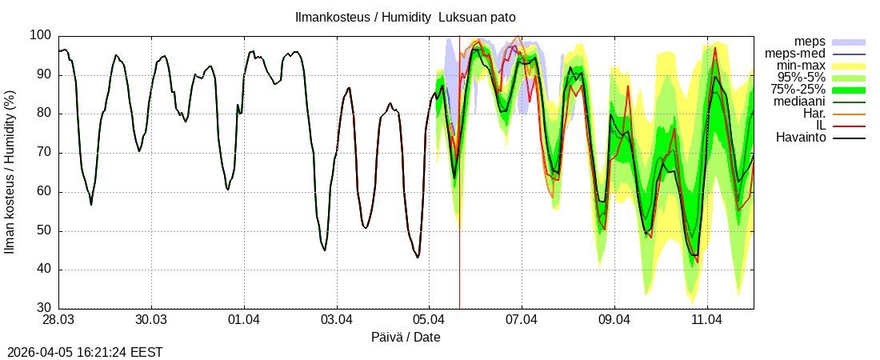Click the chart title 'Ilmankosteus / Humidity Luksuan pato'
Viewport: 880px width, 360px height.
pyautogui.click(x=406, y=17)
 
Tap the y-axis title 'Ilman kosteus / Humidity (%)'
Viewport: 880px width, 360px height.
pyautogui.click(x=10, y=171)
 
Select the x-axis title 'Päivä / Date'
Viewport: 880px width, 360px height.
pyautogui.click(x=406, y=338)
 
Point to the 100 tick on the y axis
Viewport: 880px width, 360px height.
pyautogui.click(x=41, y=35)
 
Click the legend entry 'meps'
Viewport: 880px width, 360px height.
pyautogui.click(x=810, y=41)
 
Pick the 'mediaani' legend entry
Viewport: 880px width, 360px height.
pyautogui.click(x=799, y=102)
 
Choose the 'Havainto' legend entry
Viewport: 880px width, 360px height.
pyautogui.click(x=802, y=138)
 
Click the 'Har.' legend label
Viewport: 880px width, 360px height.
pyautogui.click(x=813, y=114)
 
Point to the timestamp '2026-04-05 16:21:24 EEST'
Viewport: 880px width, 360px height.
pyautogui.click(x=85, y=352)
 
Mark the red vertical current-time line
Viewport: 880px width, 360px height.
pyautogui.click(x=459, y=240)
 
